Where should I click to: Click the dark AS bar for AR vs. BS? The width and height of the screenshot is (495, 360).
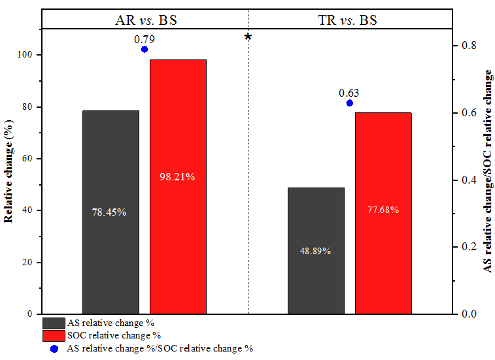pos(111,170)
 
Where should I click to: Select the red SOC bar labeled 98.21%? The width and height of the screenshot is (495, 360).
pos(178,131)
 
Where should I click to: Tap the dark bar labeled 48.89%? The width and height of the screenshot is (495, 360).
pos(316,222)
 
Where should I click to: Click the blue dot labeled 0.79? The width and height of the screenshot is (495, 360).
pos(145,49)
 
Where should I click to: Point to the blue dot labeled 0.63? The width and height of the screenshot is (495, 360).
pos(350,103)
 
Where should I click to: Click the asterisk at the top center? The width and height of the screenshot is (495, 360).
pos(248,37)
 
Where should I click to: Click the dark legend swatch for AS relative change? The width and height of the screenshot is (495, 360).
pos(53,323)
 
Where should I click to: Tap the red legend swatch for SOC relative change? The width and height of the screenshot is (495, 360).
pos(53,335)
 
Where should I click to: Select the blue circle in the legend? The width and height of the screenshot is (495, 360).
pos(53,348)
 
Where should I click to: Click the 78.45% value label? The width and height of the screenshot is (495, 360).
pos(109,212)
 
